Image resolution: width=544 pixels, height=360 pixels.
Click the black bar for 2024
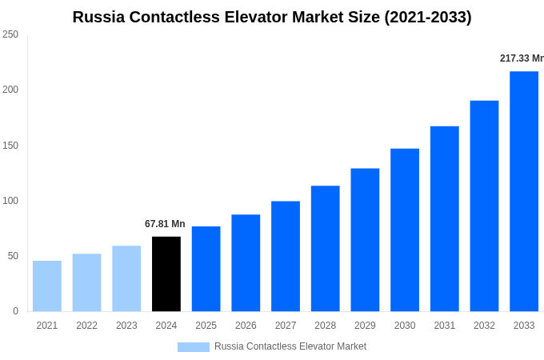pyautogui.click(x=166, y=274)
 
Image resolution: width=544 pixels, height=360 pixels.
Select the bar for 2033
pyautogui.click(x=524, y=191)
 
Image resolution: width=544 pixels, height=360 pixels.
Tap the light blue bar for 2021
pyautogui.click(x=47, y=286)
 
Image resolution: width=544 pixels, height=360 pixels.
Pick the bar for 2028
pyautogui.click(x=325, y=248)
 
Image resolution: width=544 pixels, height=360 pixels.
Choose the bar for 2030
pyautogui.click(x=405, y=230)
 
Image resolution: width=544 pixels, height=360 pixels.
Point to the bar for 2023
pyautogui.click(x=126, y=278)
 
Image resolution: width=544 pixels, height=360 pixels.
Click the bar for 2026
pyautogui.click(x=246, y=262)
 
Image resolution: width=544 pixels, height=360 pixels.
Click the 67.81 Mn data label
pyautogui.click(x=165, y=224)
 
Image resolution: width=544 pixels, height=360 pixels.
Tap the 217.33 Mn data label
pyautogui.click(x=522, y=58)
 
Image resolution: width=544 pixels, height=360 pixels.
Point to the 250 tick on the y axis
pyautogui.click(x=10, y=34)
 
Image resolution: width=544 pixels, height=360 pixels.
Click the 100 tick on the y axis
pyautogui.click(x=10, y=201)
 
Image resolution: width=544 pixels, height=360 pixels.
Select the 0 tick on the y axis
pyautogui.click(x=15, y=311)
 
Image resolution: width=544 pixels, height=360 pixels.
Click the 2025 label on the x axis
pyautogui.click(x=206, y=326)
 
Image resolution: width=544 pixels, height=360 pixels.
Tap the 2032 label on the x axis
pyautogui.click(x=484, y=326)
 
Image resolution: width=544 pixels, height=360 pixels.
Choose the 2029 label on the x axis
pyautogui.click(x=365, y=326)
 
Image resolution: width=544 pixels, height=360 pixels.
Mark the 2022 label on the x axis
pyautogui.click(x=86, y=326)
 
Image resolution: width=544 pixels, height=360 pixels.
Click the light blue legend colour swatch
pyautogui.click(x=194, y=346)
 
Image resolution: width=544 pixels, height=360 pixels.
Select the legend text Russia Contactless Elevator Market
pyautogui.click(x=290, y=346)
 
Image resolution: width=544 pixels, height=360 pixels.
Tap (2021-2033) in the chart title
pyautogui.click(x=428, y=17)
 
